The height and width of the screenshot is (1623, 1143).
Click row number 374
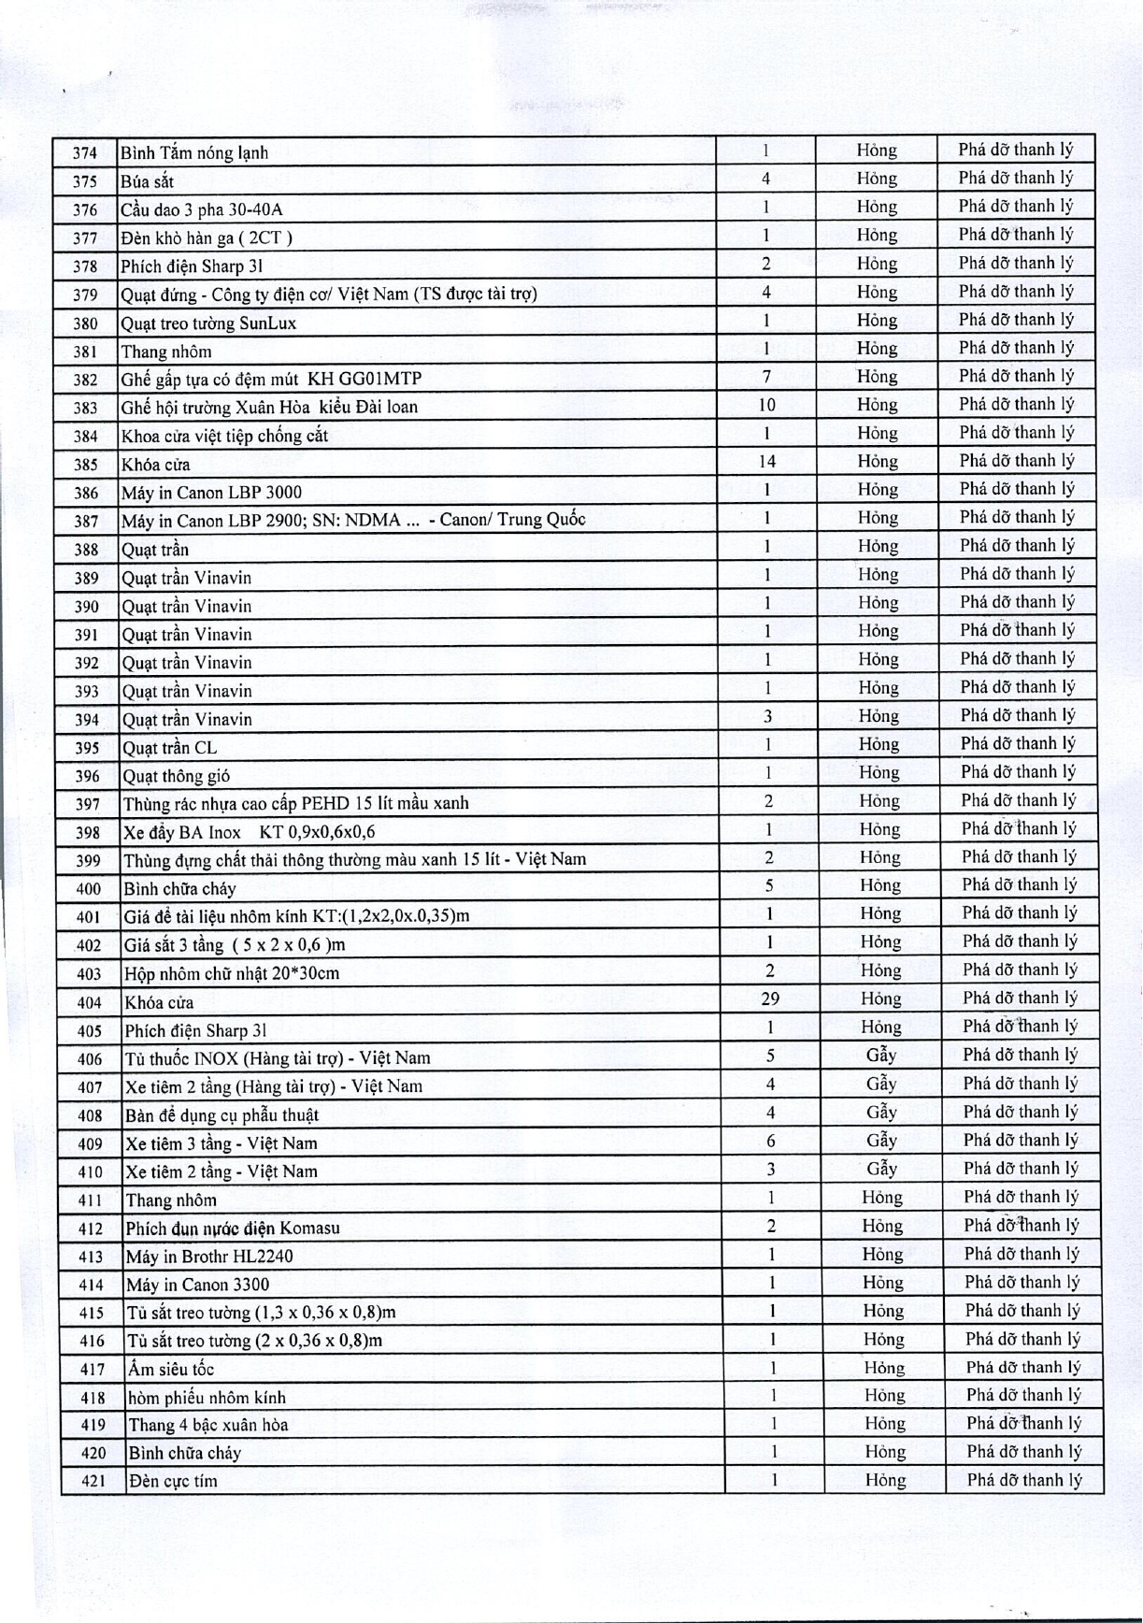point(84,153)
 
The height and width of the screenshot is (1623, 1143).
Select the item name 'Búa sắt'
point(147,181)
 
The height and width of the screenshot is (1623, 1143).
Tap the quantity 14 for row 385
point(766,461)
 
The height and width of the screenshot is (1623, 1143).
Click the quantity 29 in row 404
point(770,998)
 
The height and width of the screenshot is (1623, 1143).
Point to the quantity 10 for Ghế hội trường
point(766,405)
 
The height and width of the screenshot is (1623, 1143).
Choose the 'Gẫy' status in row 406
point(881,1056)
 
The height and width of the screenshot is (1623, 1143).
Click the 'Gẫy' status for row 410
point(882,1169)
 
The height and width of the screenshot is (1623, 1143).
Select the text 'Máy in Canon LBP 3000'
point(211,493)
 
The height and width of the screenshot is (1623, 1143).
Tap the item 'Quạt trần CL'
point(170,748)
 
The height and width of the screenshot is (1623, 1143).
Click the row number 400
point(89,889)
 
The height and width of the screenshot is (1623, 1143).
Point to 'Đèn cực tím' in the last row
point(173,1481)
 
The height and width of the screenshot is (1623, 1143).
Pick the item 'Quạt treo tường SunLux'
point(208,323)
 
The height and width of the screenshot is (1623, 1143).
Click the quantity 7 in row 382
point(766,377)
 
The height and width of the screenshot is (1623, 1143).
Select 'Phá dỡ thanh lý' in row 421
point(1024,1480)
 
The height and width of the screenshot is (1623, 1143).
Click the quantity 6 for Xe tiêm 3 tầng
point(770,1141)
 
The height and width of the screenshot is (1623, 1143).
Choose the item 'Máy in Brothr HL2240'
point(209,1256)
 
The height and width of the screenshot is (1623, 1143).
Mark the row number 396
point(88,776)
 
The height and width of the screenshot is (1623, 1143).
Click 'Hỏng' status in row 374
point(877,151)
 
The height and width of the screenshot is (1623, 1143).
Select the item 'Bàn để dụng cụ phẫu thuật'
point(221,1114)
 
